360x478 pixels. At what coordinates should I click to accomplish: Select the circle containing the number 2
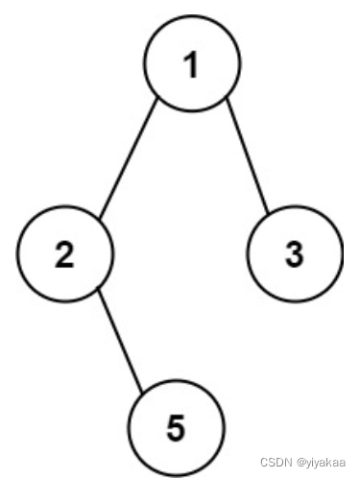point(65,253)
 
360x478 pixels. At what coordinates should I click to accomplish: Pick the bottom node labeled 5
point(176,427)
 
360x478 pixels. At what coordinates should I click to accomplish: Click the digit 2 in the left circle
point(65,254)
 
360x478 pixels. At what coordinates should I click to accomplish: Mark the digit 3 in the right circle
point(295,254)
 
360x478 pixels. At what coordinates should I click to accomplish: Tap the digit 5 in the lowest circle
point(176,428)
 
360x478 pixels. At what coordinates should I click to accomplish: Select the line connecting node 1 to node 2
point(128,159)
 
